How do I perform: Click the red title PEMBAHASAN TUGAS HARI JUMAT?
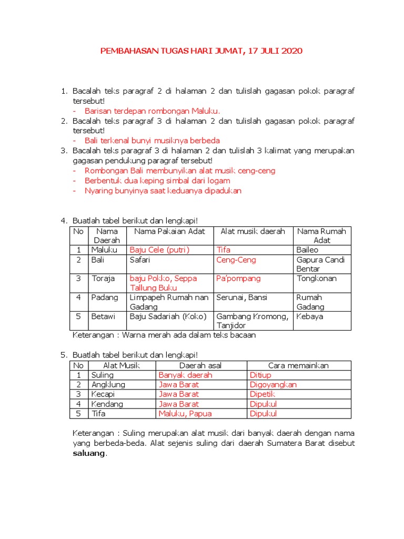click(201, 51)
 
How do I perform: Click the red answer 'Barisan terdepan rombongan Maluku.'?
click(152, 111)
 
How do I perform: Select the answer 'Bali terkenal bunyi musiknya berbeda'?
click(152, 141)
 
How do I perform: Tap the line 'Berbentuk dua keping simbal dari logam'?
click(157, 181)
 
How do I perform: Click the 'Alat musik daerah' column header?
click(252, 231)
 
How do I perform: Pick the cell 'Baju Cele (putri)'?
click(159, 249)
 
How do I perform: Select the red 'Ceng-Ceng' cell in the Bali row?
click(233, 259)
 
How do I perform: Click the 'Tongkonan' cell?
click(317, 278)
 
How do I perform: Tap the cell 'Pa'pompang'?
click(238, 278)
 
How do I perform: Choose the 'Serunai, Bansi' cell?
click(241, 297)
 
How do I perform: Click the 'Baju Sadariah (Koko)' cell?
click(168, 316)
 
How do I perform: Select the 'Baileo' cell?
click(308, 249)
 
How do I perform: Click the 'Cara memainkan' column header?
click(298, 365)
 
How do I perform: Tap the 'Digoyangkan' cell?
click(273, 385)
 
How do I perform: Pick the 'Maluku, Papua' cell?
click(185, 414)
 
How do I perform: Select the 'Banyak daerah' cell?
click(185, 375)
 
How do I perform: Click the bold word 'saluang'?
click(89, 453)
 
